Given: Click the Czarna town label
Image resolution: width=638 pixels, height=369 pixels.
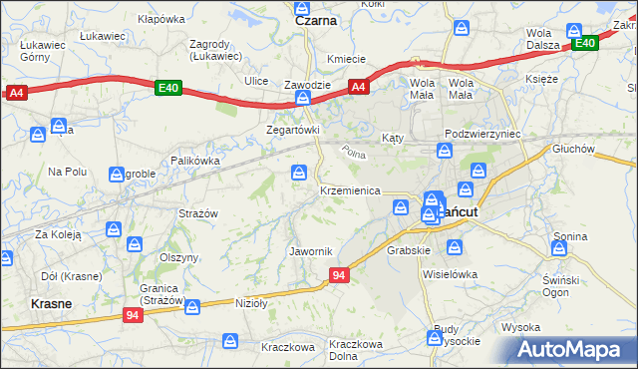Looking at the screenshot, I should pyautogui.click(x=316, y=19).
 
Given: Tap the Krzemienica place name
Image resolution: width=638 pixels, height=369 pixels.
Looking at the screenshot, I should pyautogui.click(x=350, y=189).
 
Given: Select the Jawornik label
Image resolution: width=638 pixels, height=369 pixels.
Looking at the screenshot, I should pyautogui.click(x=309, y=250).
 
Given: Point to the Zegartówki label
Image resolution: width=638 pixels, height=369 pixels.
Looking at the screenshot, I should pyautogui.click(x=292, y=130).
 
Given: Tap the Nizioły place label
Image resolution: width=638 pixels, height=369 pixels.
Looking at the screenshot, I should pyautogui.click(x=253, y=302).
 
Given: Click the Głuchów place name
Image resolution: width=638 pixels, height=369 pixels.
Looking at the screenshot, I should pyautogui.click(x=573, y=149).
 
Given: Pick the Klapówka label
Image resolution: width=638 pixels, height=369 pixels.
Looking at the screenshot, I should pyautogui.click(x=161, y=19).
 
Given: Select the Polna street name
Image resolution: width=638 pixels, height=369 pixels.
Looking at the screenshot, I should pyautogui.click(x=353, y=153).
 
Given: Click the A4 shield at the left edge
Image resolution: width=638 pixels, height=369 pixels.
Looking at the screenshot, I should pyautogui.click(x=15, y=93).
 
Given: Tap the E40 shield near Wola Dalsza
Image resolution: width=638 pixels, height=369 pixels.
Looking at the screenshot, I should pyautogui.click(x=583, y=43).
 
